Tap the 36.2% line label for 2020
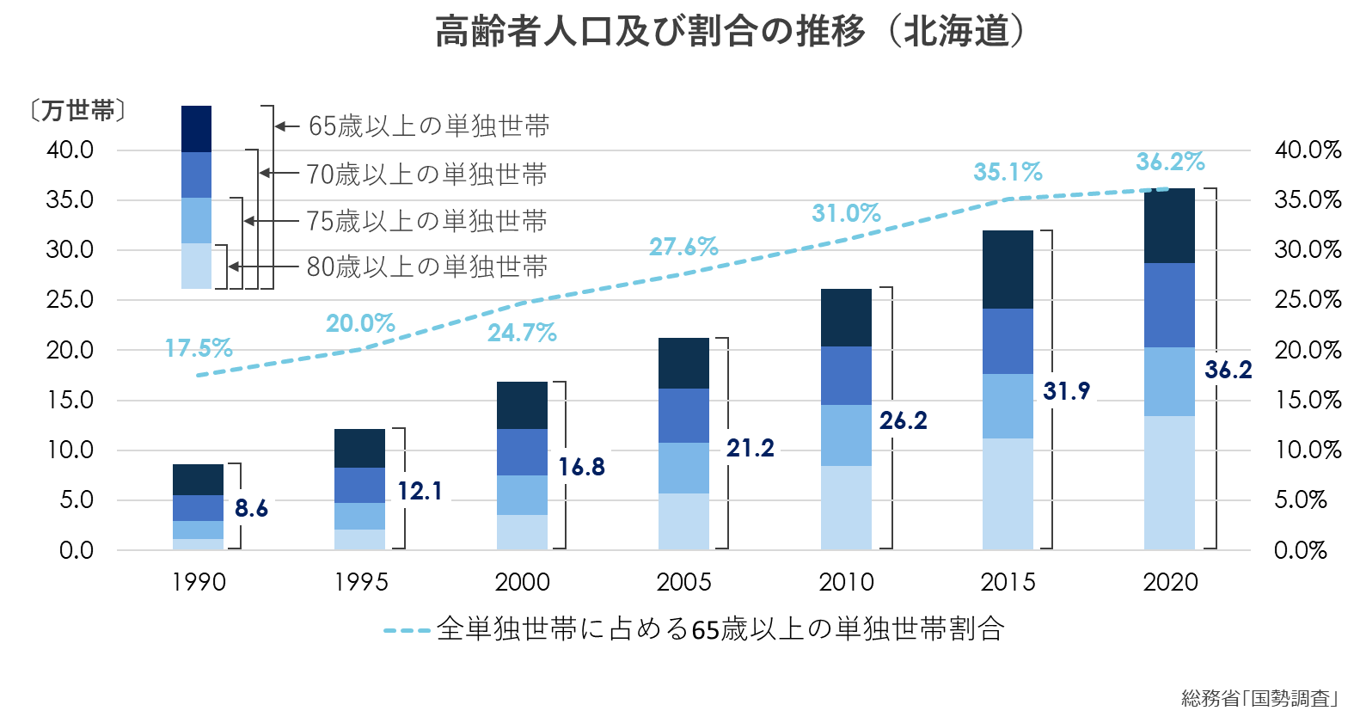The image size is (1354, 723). (1170, 162)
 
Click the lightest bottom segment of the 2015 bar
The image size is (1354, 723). (1008, 493)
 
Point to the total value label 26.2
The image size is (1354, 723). (904, 420)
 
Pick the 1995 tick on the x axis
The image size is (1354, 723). (360, 582)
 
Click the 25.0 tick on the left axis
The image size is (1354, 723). (70, 300)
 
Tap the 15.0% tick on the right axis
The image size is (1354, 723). (1307, 400)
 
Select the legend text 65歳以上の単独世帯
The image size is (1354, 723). (428, 126)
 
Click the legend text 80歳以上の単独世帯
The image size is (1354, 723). (426, 267)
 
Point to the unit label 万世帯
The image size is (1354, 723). (77, 110)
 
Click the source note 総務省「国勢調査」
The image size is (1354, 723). (1259, 698)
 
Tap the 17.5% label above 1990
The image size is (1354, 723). (199, 348)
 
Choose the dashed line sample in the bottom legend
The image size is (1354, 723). (407, 630)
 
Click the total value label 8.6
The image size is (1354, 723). (251, 508)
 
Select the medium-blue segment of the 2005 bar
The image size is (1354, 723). (683, 415)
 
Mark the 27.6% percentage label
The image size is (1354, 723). (683, 247)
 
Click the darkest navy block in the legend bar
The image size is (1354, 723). (196, 129)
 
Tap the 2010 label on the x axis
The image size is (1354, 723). (846, 582)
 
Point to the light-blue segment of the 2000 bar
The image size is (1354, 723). (522, 494)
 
